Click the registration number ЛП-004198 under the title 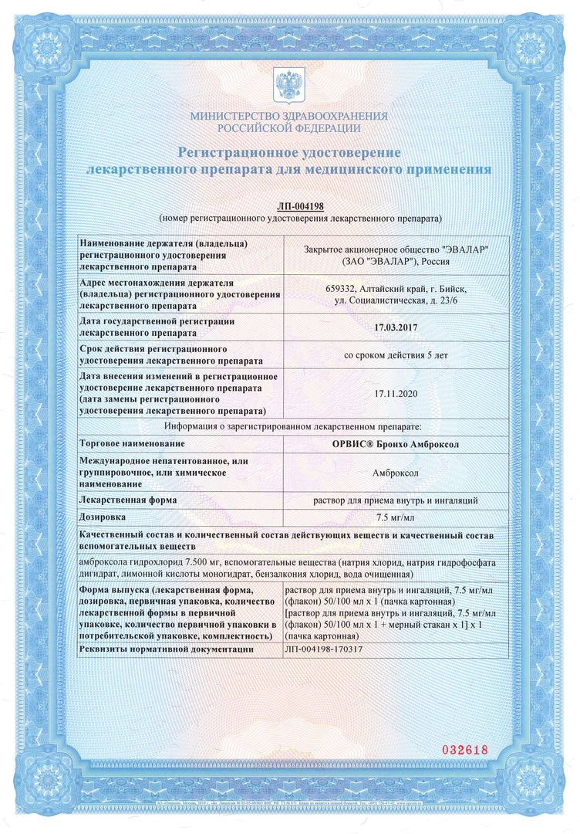pyautogui.click(x=299, y=206)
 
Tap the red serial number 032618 pyautogui.click(x=464, y=750)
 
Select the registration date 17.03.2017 pyautogui.click(x=396, y=327)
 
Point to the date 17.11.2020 pyautogui.click(x=395, y=393)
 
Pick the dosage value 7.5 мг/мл pyautogui.click(x=395, y=517)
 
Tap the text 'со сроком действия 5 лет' pyautogui.click(x=395, y=356)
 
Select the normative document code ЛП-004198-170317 pyautogui.click(x=324, y=650)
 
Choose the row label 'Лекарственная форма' pyautogui.click(x=128, y=500)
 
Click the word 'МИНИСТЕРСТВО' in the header pyautogui.click(x=230, y=116)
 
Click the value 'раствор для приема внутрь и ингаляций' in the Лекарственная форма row pyautogui.click(x=395, y=500)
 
